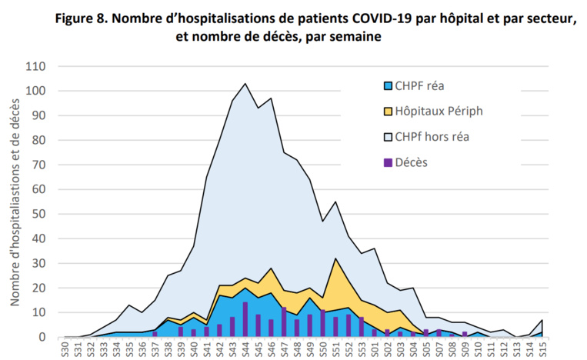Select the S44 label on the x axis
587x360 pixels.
tap(245, 350)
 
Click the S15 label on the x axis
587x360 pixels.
tap(543, 350)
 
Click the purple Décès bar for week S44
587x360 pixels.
tap(245, 320)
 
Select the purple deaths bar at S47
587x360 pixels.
tap(284, 322)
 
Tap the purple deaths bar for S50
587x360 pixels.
tap(322, 324)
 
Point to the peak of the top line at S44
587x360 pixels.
tap(245, 83)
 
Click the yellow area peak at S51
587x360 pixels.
tap(335, 258)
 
